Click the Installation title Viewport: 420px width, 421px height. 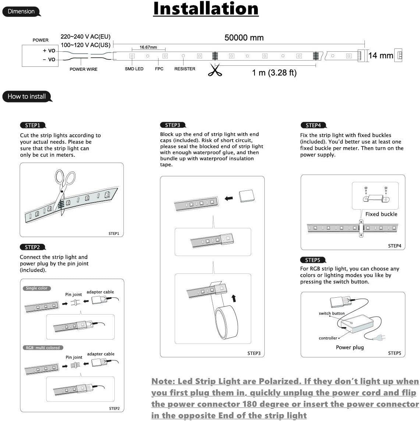click(206, 9)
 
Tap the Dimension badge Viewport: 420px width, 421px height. click(21, 11)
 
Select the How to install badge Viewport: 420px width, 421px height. click(26, 97)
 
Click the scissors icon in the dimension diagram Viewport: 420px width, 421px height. click(215, 70)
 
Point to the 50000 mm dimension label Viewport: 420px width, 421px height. click(244, 38)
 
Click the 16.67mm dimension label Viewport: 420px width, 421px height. click(148, 47)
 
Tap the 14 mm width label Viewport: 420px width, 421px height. click(381, 56)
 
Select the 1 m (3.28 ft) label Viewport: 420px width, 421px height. click(274, 73)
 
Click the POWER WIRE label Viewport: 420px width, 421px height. click(83, 69)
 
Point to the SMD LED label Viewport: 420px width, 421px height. click(134, 69)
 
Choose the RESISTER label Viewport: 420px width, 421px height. click(185, 69)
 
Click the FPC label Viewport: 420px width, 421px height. click(159, 69)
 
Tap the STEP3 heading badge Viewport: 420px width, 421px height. click(172, 125)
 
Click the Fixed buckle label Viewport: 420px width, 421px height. click(381, 214)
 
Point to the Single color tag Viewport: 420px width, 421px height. click(37, 288)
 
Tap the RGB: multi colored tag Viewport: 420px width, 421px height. click(43, 348)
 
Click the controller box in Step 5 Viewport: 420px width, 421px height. click(357, 325)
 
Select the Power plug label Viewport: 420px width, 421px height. click(349, 347)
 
